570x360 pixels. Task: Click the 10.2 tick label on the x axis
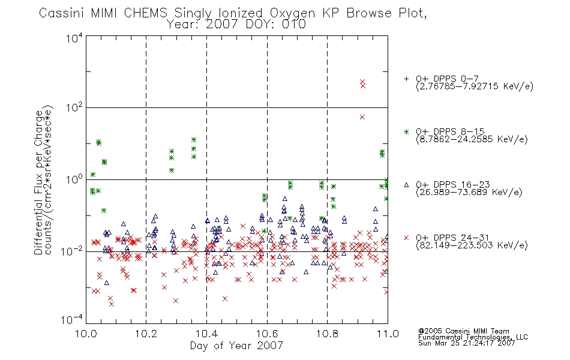click(x=146, y=334)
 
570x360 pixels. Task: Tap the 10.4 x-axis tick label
click(x=207, y=334)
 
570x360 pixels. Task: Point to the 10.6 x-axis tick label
click(x=267, y=334)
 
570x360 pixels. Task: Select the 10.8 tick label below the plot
click(x=328, y=334)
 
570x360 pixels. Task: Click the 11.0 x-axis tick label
click(x=388, y=334)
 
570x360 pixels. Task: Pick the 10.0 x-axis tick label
click(x=86, y=334)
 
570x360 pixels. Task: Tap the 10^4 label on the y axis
click(x=74, y=38)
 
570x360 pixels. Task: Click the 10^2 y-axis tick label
click(x=74, y=108)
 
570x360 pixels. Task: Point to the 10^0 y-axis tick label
click(x=74, y=180)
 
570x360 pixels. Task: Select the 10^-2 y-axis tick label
click(x=72, y=251)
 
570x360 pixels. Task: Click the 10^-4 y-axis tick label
click(x=72, y=319)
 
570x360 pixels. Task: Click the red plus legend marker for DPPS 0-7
click(x=406, y=79)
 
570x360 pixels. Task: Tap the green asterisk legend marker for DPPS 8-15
click(x=406, y=131)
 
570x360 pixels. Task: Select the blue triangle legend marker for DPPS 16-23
click(x=406, y=185)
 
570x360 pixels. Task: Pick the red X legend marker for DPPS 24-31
click(x=406, y=238)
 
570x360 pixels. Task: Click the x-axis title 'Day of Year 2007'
click(x=236, y=346)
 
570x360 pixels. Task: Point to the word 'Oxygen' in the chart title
click(x=293, y=14)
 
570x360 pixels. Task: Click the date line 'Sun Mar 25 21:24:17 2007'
click(x=467, y=343)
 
